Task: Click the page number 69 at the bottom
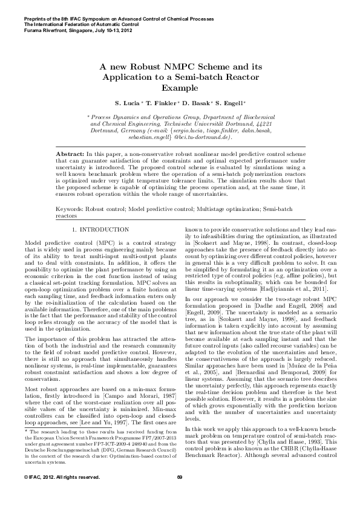[x=180, y=494]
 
